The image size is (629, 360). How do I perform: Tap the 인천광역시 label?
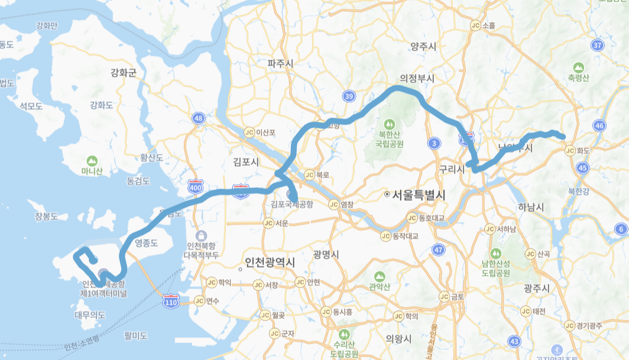pos(270,263)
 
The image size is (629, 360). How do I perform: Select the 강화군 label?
pos(123,73)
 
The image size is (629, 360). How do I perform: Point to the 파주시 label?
pos(281,63)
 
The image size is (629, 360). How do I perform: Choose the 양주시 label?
pos(423,47)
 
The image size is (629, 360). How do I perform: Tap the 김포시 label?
pos(247,161)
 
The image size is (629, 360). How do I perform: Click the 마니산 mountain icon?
pos(92,161)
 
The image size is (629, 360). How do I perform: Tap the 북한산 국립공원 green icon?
pos(388,125)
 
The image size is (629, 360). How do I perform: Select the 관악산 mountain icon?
pos(379,276)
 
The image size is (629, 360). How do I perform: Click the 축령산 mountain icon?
pos(578,67)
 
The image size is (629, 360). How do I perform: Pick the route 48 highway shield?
pos(199,119)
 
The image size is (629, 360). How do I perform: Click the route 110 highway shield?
pos(171,302)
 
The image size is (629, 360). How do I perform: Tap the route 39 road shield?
pos(349,96)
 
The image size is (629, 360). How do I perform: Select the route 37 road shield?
pos(598,46)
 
